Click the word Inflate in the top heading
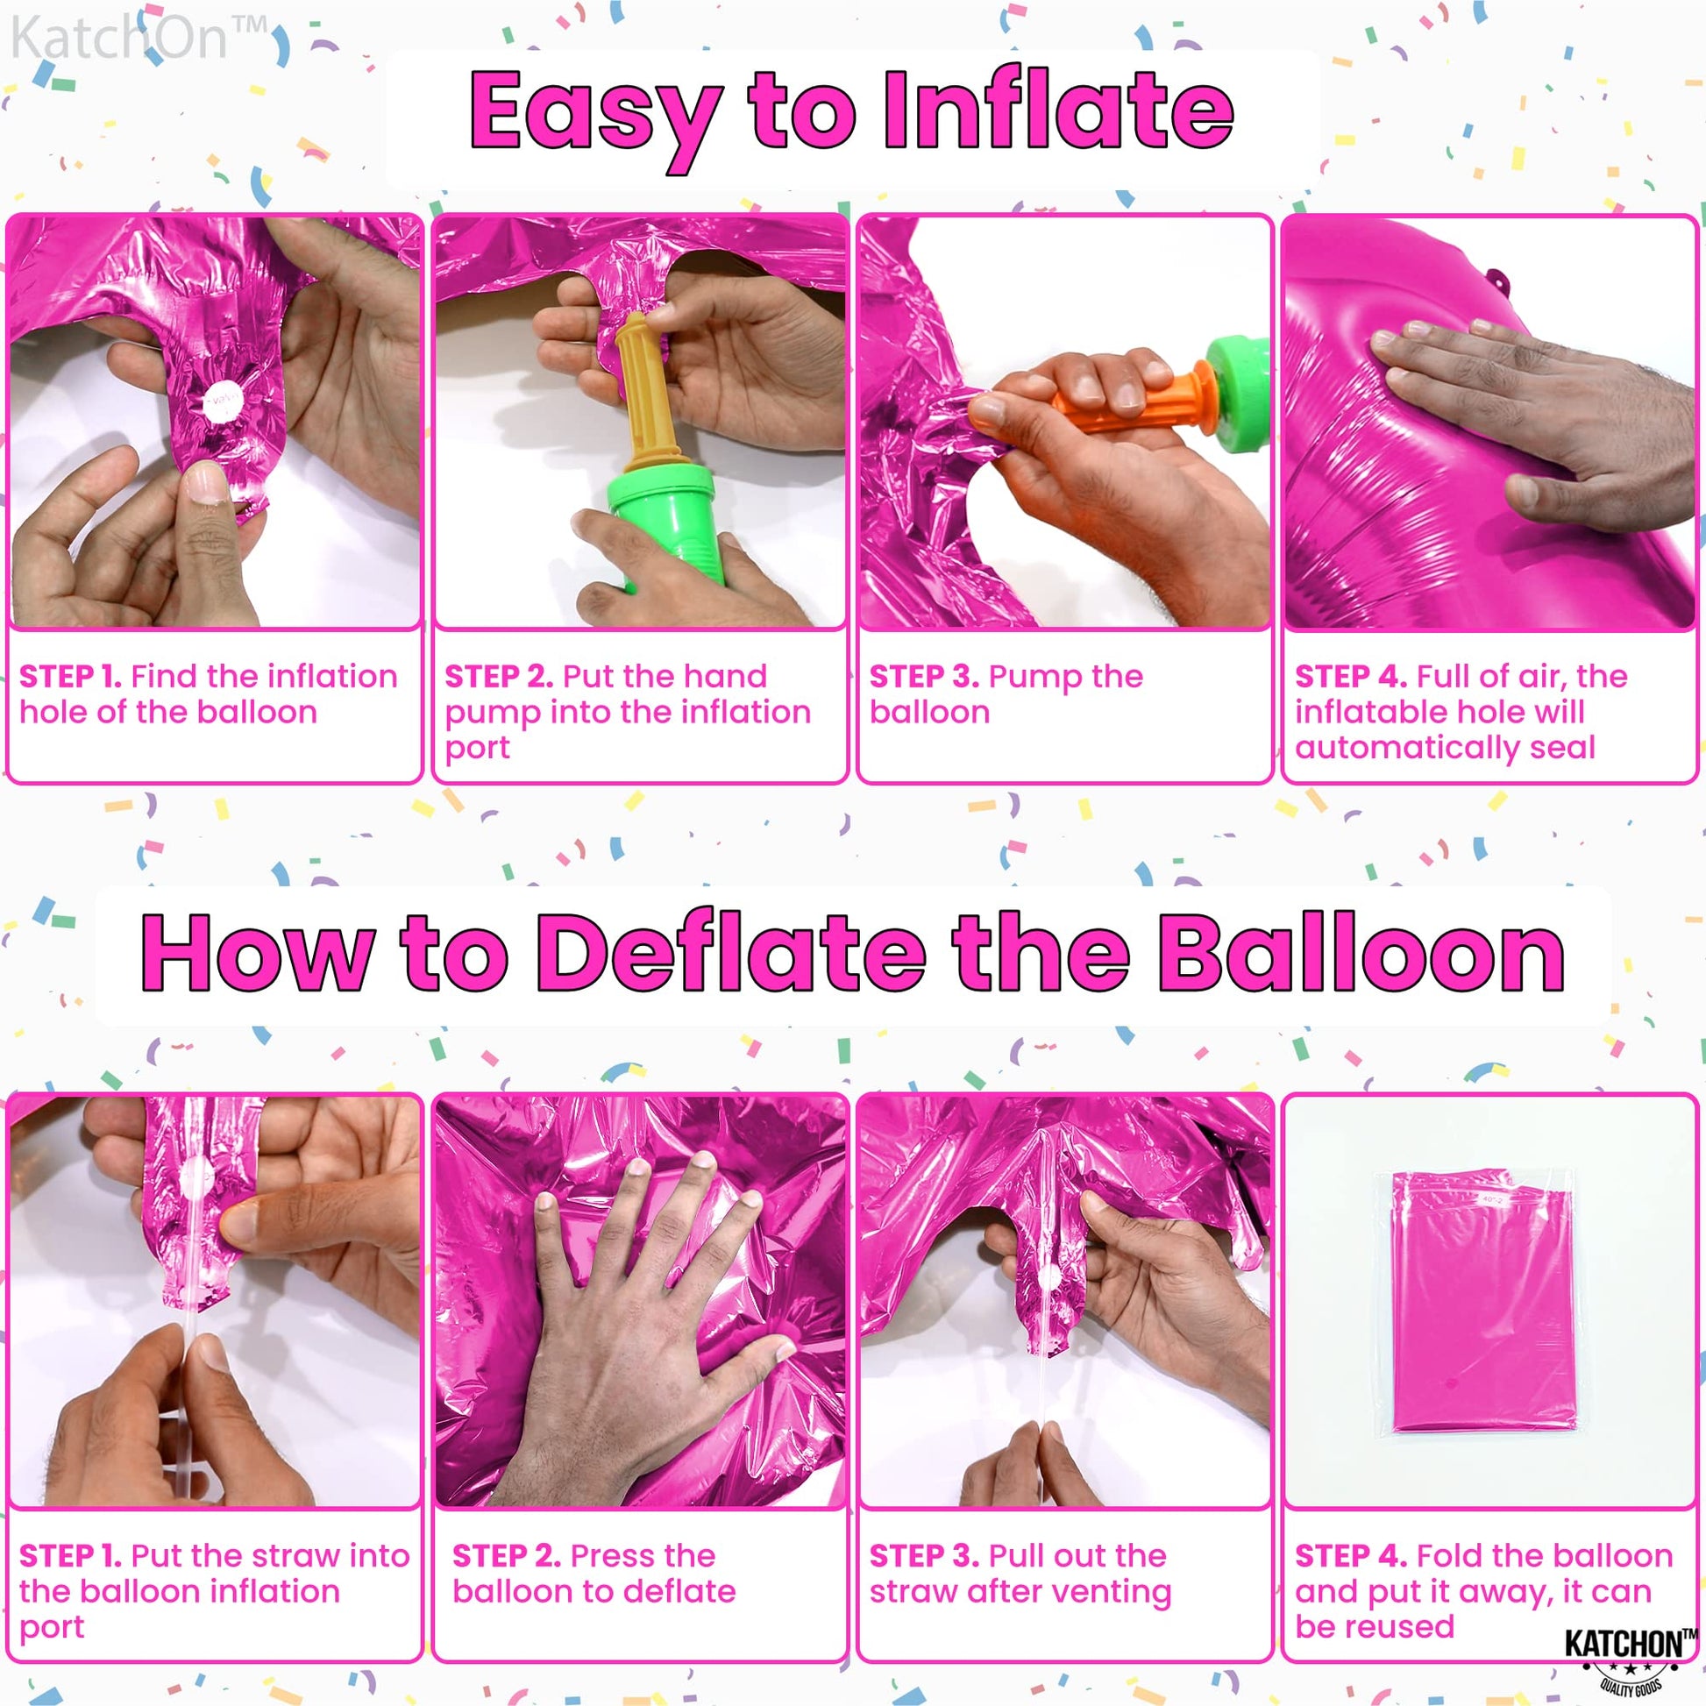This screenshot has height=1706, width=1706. pyautogui.click(x=1058, y=110)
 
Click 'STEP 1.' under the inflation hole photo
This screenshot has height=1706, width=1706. pyautogui.click(x=71, y=677)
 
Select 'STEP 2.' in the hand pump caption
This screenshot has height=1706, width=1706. pyautogui.click(x=499, y=677)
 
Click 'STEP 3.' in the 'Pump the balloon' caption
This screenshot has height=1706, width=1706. pyautogui.click(x=924, y=677)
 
